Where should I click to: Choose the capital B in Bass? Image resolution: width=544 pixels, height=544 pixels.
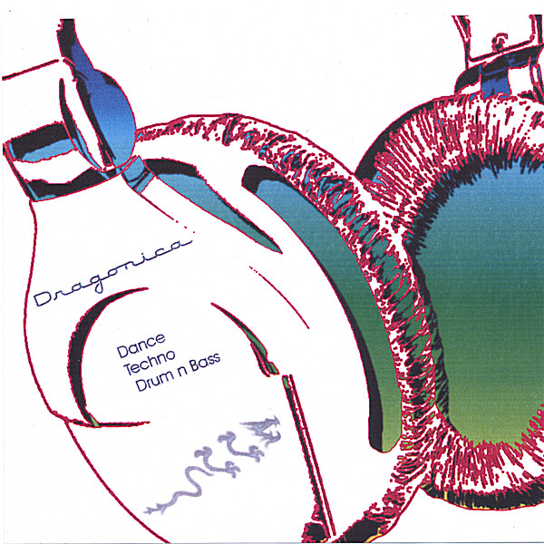coord(192,366)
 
